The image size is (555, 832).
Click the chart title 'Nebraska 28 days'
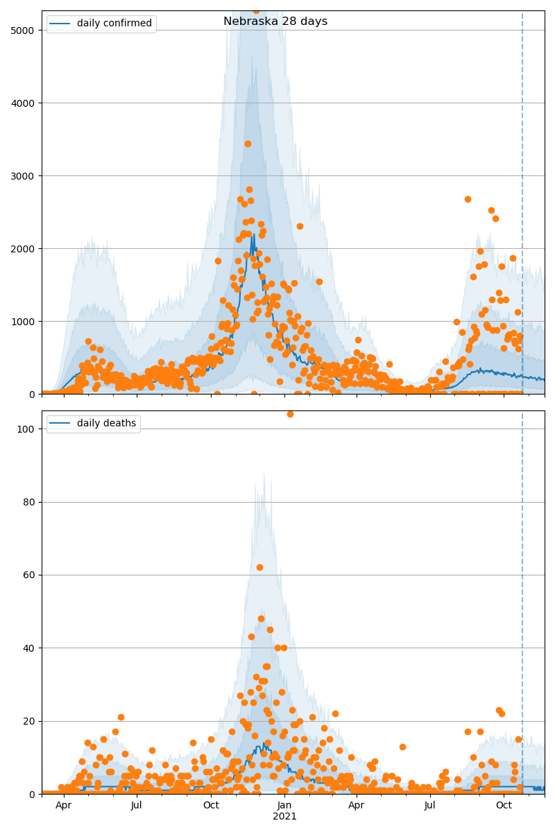point(275,21)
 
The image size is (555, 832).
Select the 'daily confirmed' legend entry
point(114,24)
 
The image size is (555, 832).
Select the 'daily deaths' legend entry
point(106,424)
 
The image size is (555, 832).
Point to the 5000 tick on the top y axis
point(26,31)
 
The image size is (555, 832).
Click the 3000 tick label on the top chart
point(26,176)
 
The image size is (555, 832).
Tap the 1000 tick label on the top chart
point(26,322)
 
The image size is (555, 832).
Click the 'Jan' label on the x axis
point(284,805)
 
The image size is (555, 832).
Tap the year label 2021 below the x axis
point(284,816)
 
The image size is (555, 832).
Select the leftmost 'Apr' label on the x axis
point(64,805)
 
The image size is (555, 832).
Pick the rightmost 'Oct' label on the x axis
point(504,805)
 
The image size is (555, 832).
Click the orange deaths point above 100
point(290,414)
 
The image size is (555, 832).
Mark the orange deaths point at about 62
point(259,567)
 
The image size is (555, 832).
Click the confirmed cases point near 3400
point(248,144)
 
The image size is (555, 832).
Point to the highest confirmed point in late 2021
point(468,199)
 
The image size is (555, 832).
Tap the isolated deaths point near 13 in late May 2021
point(402,747)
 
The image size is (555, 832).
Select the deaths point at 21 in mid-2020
point(121,717)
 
